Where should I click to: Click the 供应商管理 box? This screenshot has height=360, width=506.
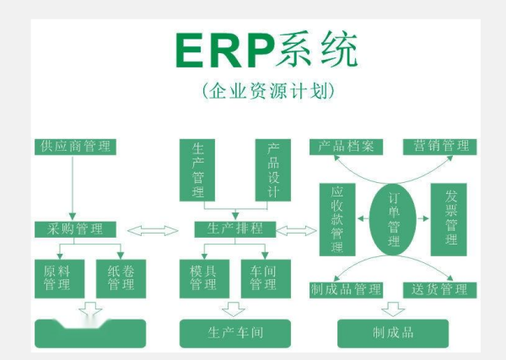coord(75,147)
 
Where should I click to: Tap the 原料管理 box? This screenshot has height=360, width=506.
coord(57,277)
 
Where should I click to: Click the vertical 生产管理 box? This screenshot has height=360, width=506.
coord(198,169)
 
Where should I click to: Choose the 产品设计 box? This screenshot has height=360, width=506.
coord(272,169)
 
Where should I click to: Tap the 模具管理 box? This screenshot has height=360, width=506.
coord(202,277)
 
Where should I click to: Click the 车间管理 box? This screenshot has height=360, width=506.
coord(262,277)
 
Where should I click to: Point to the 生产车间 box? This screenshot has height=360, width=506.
coord(235,333)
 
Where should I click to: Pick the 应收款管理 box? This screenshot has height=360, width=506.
coord(336,220)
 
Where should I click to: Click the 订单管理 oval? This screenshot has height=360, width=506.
coord(394,218)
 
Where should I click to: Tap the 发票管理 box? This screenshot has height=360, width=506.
coord(449,220)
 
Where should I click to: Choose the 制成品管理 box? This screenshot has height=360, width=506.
coord(346,290)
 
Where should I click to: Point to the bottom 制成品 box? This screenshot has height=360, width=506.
coord(393,333)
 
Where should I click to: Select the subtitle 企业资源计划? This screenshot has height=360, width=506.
coord(266,90)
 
